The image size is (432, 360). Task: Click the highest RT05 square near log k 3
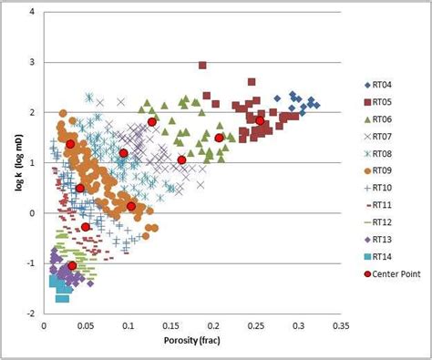202,65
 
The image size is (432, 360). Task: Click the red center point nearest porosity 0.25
260,120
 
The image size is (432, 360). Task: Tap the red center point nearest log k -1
72,265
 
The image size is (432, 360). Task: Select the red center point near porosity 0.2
219,138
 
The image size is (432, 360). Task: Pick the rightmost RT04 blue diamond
316,105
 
